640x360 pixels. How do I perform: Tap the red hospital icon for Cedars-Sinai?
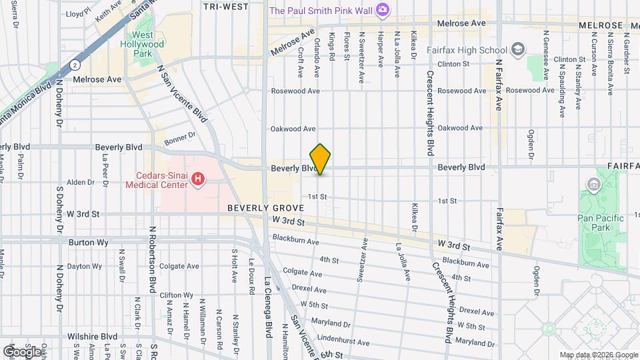point(197,179)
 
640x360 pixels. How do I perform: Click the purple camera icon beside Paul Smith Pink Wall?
point(382,9)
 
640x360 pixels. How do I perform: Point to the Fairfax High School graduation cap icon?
point(518,49)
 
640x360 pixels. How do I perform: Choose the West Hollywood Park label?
point(147,44)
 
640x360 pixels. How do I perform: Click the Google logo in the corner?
point(21,351)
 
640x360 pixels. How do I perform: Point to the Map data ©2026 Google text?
point(598,355)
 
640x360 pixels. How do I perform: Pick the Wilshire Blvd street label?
point(92,337)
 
